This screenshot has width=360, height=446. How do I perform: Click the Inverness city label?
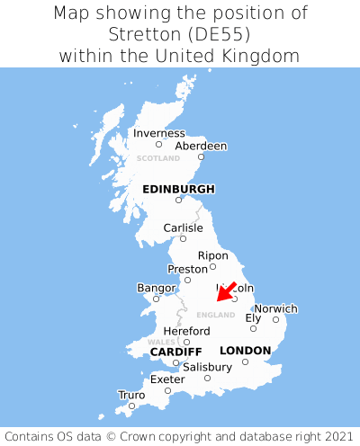159,133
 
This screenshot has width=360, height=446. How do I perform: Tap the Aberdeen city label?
201,146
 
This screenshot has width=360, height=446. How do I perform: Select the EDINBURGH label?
178,189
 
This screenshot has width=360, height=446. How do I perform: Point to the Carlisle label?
183,227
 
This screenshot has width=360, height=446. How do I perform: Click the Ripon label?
213,255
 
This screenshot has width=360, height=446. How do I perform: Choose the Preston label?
187,269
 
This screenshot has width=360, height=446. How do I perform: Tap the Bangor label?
155,288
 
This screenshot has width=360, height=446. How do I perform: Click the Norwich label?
275,308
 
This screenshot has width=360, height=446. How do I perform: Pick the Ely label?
253,317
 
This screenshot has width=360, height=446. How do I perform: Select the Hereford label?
186,331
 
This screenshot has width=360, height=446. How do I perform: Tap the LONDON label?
245,350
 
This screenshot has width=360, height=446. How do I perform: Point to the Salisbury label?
207,367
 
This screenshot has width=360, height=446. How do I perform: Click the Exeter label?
167,379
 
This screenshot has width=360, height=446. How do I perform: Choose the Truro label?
131,394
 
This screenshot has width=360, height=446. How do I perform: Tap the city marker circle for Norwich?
275,319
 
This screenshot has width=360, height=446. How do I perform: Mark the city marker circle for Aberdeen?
201,156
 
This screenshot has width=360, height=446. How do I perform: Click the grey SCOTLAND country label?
158,158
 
